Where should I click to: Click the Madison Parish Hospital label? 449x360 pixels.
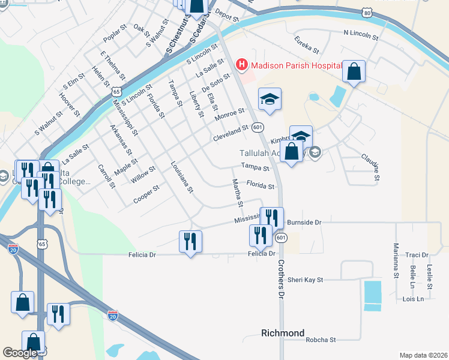(297, 65)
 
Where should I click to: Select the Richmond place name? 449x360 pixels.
(283, 333)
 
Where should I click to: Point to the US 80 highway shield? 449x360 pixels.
(367, 12)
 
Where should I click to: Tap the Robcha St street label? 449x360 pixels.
(321, 340)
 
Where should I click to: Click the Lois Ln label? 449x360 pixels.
(414, 299)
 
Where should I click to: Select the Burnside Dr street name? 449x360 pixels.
(304, 223)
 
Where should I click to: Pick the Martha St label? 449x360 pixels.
(237, 193)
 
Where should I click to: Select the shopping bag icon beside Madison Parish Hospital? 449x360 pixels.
(354, 72)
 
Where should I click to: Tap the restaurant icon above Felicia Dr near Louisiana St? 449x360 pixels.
(190, 241)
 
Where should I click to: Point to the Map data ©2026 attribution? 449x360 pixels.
(423, 355)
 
